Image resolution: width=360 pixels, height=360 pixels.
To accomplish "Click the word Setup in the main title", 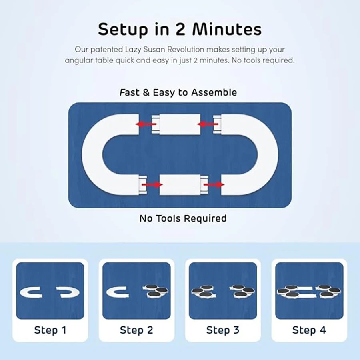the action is click(123, 29).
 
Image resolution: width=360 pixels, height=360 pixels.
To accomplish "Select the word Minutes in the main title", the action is click(227, 29).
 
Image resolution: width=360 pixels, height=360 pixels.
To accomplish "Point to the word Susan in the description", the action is click(155, 49).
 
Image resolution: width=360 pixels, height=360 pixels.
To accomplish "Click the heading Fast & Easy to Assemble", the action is click(178, 92).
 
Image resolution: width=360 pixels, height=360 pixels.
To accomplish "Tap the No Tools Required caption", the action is click(183, 218).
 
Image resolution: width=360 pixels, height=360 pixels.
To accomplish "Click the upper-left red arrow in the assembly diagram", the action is click(146, 124).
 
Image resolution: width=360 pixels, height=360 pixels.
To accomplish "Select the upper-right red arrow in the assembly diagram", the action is click(208, 124).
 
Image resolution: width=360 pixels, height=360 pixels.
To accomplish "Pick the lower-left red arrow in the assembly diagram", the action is click(152, 184).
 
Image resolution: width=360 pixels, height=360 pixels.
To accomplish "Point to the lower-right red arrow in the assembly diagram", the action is click(214, 184).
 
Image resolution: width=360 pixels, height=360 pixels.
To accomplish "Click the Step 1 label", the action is click(50, 330).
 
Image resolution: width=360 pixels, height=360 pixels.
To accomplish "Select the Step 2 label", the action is click(136, 330).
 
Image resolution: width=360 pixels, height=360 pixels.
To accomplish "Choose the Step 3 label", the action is click(223, 330).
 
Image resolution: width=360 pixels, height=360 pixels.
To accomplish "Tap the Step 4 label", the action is click(309, 330).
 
